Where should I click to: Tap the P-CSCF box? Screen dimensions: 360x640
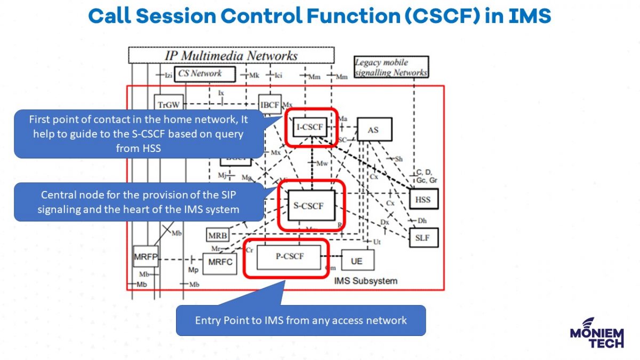click(x=290, y=257)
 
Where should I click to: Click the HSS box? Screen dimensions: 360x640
click(x=423, y=200)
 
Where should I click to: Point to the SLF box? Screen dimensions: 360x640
click(x=423, y=238)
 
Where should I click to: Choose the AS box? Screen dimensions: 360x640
click(x=375, y=130)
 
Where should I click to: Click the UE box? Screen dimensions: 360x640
click(x=357, y=261)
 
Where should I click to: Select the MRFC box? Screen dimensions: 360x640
click(x=219, y=262)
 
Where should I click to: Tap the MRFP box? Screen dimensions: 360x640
click(x=146, y=257)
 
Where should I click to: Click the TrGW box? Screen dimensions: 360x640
click(x=167, y=105)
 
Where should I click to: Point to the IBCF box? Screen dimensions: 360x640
click(x=269, y=105)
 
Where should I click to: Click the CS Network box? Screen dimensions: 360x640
click(x=199, y=74)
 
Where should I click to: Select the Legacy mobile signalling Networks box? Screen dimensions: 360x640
click(x=391, y=68)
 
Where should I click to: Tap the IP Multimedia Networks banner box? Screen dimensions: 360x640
click(x=231, y=55)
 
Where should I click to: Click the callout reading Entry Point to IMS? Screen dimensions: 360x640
click(x=301, y=321)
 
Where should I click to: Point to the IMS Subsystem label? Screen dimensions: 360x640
click(x=365, y=281)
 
